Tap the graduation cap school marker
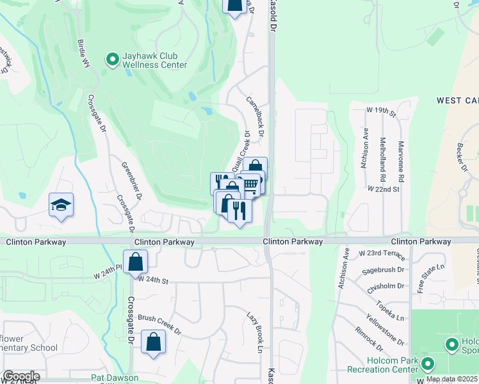pos(61,205)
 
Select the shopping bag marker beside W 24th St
pos(136,261)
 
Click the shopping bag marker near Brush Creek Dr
pos(154,342)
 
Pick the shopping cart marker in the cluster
pos(250,184)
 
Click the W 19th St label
pos(382,111)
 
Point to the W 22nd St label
pos(384,189)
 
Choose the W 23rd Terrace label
pos(383,254)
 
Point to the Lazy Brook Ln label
pos(255,332)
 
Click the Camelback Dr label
pos(255,118)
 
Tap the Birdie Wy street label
pos(83,54)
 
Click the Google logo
pos(20,376)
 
